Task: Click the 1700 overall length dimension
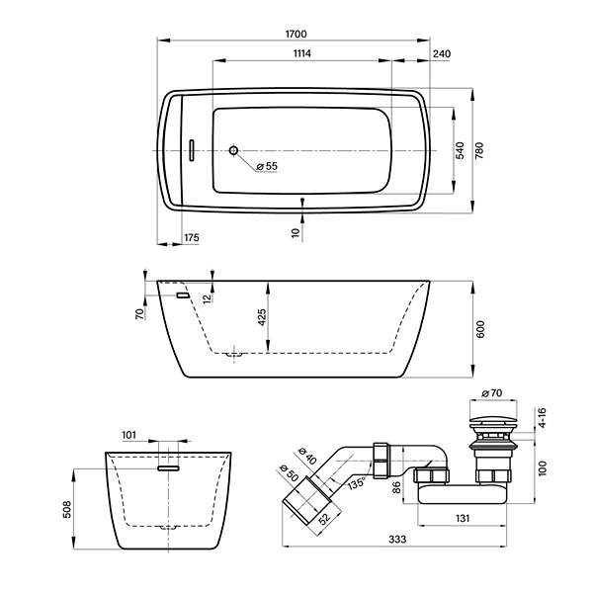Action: pos(296,34)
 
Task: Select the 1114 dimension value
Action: pos(302,53)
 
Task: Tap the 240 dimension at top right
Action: pos(442,54)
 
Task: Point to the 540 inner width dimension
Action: pos(460,150)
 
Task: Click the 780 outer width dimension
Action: pos(479,150)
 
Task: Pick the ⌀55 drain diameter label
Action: pos(267,166)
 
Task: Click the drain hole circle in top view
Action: pos(233,150)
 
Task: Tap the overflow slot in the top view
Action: pos(192,150)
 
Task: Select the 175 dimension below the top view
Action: pos(192,238)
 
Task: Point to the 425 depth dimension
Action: pos(262,317)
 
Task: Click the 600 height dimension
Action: pos(480,329)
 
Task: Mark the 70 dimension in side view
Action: pos(140,314)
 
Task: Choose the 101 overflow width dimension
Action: pos(128,435)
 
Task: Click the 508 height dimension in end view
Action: pos(66,509)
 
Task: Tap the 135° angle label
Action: pos(356,483)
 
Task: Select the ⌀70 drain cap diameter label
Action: pos(492,393)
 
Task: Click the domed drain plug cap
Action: pos(493,420)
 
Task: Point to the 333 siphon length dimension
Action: pos(397,539)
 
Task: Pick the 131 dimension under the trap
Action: pos(463,518)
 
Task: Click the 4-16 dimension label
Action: pos(543,417)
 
